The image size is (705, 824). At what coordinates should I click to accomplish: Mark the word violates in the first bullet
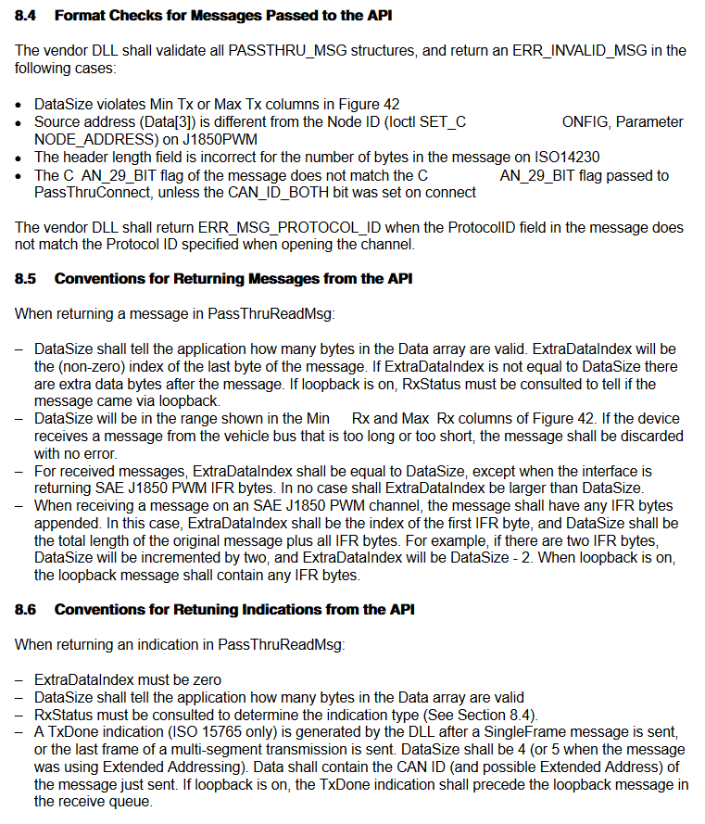pyautogui.click(x=116, y=104)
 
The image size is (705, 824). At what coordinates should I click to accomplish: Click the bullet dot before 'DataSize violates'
pyautogui.click(x=19, y=105)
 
